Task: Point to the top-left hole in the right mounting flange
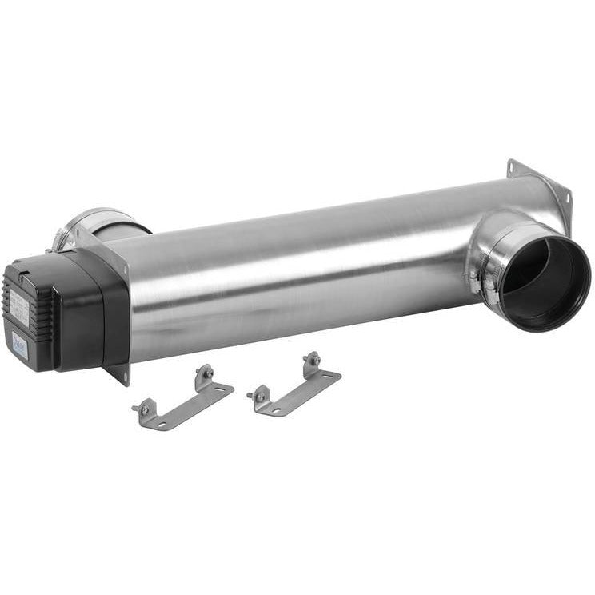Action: point(512,170)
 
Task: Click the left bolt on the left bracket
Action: point(144,409)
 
